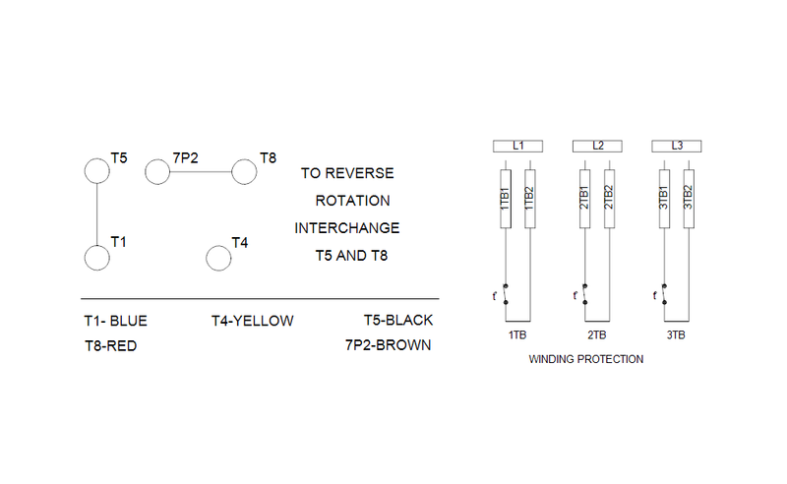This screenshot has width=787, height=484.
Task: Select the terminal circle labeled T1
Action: (96, 258)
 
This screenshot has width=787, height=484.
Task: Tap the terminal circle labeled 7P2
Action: (157, 172)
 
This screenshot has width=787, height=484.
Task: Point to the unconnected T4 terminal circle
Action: (217, 258)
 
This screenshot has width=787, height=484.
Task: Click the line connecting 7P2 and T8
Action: (201, 172)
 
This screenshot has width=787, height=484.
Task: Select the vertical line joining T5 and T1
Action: (96, 214)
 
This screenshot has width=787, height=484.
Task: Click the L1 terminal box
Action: (517, 146)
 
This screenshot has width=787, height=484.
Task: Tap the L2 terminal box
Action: (597, 146)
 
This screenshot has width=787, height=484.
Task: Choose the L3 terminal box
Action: (677, 146)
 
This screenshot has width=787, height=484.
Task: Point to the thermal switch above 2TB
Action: (584, 294)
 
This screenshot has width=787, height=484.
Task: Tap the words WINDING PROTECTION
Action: (585, 359)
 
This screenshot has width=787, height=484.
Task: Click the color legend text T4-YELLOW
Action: (252, 321)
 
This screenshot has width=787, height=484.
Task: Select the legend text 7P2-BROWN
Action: (388, 345)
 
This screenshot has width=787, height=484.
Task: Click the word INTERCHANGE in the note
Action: (347, 227)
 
